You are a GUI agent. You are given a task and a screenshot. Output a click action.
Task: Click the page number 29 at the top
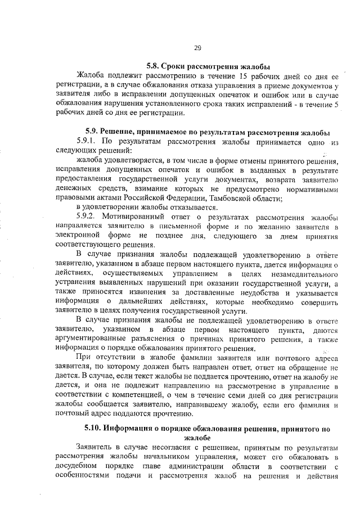pyautogui.click(x=197, y=48)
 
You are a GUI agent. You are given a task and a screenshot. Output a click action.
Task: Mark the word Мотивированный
pyautogui.click(x=139, y=217)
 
